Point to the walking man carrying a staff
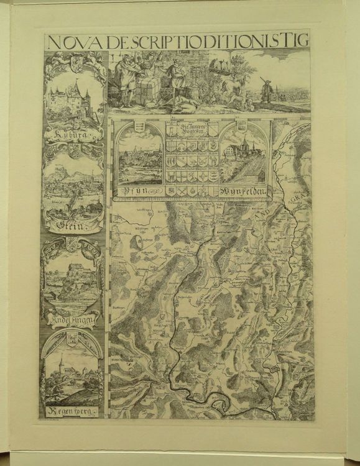[x=266, y=91]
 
